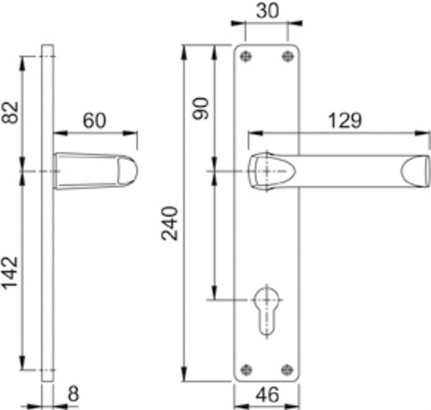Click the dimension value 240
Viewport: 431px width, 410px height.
tap(170, 223)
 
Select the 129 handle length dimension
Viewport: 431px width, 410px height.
tap(345, 121)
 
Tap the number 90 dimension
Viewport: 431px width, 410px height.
tap(201, 109)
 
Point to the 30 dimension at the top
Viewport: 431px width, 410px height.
tap(267, 11)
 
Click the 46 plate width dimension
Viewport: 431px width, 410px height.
tap(267, 394)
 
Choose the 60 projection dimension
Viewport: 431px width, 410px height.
tap(95, 121)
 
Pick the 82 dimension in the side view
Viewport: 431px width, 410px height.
tap(10, 112)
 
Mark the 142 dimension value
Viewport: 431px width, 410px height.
tap(10, 273)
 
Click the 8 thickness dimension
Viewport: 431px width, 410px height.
tap(73, 394)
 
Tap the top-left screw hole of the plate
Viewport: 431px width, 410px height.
tap(246, 56)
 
